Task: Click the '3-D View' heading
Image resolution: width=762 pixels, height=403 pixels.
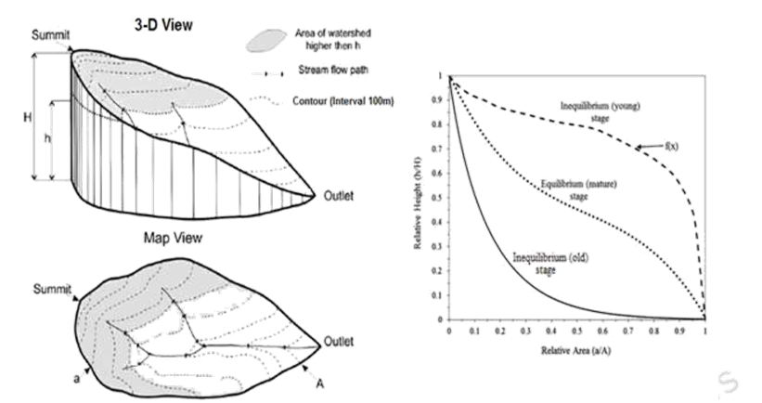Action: coord(161,25)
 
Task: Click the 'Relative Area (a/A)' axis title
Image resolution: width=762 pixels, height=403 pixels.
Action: coord(576,355)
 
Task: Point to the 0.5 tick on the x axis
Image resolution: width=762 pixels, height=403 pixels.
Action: coord(577,330)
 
